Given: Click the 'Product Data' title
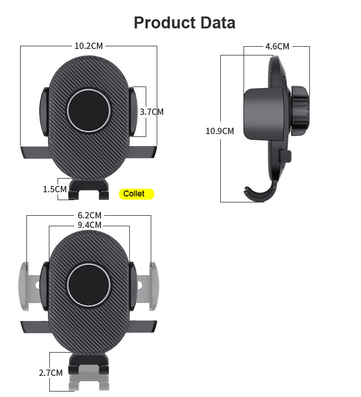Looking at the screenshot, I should [x=184, y=22].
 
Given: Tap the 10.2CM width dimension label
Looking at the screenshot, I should [x=89, y=46].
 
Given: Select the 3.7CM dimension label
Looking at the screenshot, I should [x=151, y=112].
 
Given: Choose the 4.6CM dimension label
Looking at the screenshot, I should [x=277, y=46].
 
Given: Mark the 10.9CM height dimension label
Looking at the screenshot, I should [x=219, y=131].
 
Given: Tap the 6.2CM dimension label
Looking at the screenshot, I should [x=89, y=215].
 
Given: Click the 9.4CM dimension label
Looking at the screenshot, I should [x=89, y=225].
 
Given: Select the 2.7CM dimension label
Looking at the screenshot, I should [x=50, y=373].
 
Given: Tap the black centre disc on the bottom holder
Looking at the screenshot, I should [x=89, y=285].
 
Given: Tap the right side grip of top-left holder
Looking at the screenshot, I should [x=134, y=112].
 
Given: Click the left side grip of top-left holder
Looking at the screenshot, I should [x=44, y=112].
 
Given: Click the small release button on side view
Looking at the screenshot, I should [x=285, y=156].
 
